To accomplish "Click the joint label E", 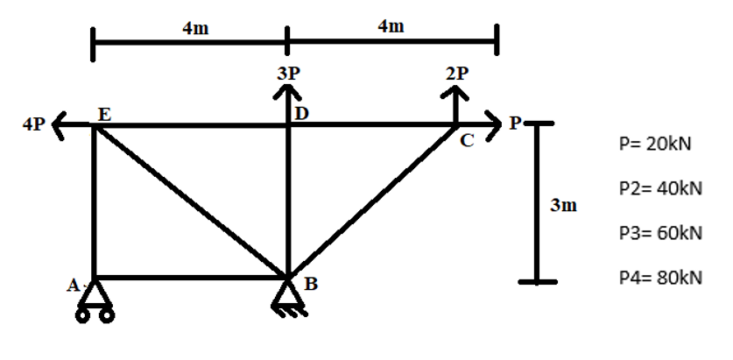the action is point(104,114).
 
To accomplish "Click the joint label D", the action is point(301,113).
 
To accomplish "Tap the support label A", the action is point(74,284).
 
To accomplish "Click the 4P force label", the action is point(32,125).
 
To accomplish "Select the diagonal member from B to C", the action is point(372,201).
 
